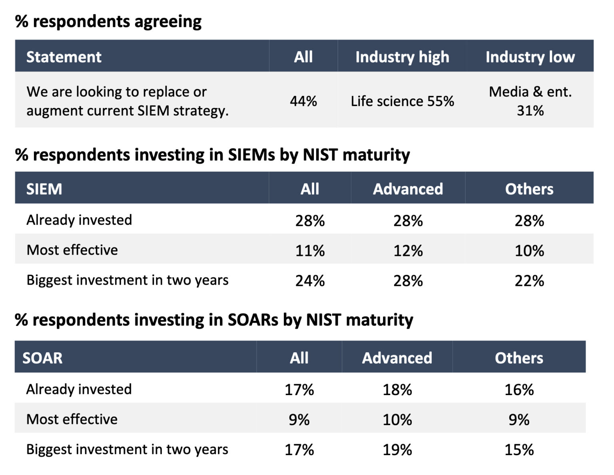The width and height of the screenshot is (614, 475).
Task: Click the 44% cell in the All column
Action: (x=303, y=101)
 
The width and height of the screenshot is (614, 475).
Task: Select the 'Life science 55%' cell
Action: (x=402, y=101)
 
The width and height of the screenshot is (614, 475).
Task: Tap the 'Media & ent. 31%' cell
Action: (x=530, y=101)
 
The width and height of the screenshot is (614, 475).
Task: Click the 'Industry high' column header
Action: (x=402, y=57)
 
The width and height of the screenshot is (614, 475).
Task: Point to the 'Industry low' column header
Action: (x=530, y=57)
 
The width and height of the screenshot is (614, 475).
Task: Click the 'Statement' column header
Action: (x=64, y=57)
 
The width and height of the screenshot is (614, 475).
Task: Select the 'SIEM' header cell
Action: (x=44, y=189)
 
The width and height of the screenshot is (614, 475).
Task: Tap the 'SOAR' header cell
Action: (x=42, y=358)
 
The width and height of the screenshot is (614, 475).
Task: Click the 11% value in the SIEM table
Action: (x=310, y=251)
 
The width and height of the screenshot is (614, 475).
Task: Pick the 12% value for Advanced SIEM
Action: (x=408, y=251)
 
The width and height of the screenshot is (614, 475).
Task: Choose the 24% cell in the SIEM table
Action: (x=310, y=281)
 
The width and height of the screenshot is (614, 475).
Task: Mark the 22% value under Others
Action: (x=529, y=281)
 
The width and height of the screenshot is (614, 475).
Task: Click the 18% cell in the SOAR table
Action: (x=397, y=389)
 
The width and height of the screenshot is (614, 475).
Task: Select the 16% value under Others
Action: (x=519, y=389)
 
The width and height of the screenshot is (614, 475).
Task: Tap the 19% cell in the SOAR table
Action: (x=397, y=450)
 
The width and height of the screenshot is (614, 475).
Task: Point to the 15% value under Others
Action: (x=519, y=450)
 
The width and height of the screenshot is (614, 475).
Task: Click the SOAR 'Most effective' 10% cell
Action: (x=397, y=419)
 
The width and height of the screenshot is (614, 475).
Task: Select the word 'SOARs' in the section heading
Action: (x=253, y=320)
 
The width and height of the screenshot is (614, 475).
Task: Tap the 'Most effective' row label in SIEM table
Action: (x=72, y=250)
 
